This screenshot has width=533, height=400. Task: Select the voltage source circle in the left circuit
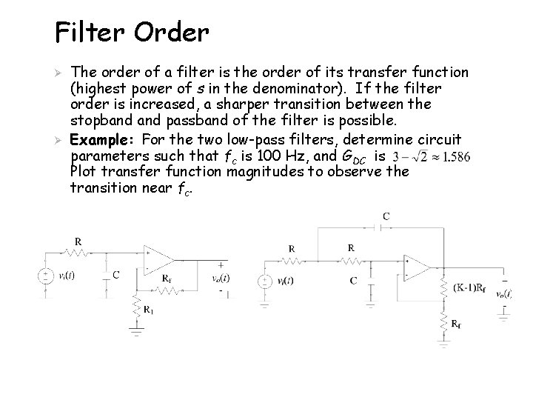pos(46,276)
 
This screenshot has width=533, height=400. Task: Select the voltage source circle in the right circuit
pos(263,282)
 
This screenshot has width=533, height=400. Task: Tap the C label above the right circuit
pos(386,216)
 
